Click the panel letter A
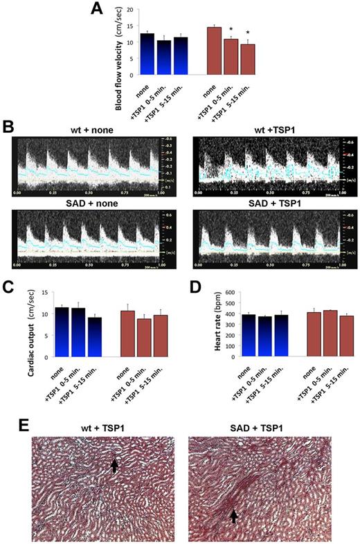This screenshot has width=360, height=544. pos(99,8)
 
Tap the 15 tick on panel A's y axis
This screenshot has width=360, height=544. pos(133,28)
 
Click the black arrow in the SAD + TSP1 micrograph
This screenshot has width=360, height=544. pos(234,516)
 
